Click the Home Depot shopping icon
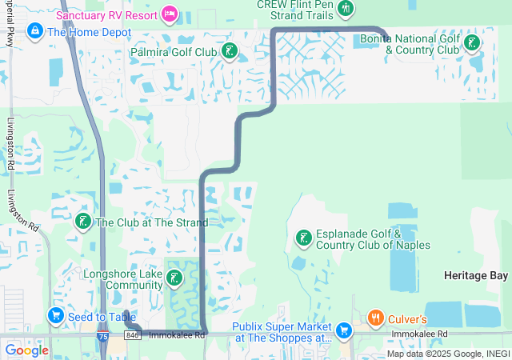tap(34, 31)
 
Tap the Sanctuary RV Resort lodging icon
tap(170, 13)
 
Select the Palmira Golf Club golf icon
tap(230, 53)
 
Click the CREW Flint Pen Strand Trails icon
tap(346, 8)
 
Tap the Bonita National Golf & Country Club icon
tap(473, 42)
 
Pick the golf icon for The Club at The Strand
tap(82, 221)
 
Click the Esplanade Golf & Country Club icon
tap(304, 237)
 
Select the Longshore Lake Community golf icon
tap(174, 279)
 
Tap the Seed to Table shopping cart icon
tap(56, 316)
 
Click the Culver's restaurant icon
tap(375, 318)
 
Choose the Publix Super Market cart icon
tap(344, 330)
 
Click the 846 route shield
tap(133, 335)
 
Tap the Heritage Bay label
tap(475, 275)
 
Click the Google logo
tap(26, 350)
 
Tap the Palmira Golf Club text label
tap(173, 53)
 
